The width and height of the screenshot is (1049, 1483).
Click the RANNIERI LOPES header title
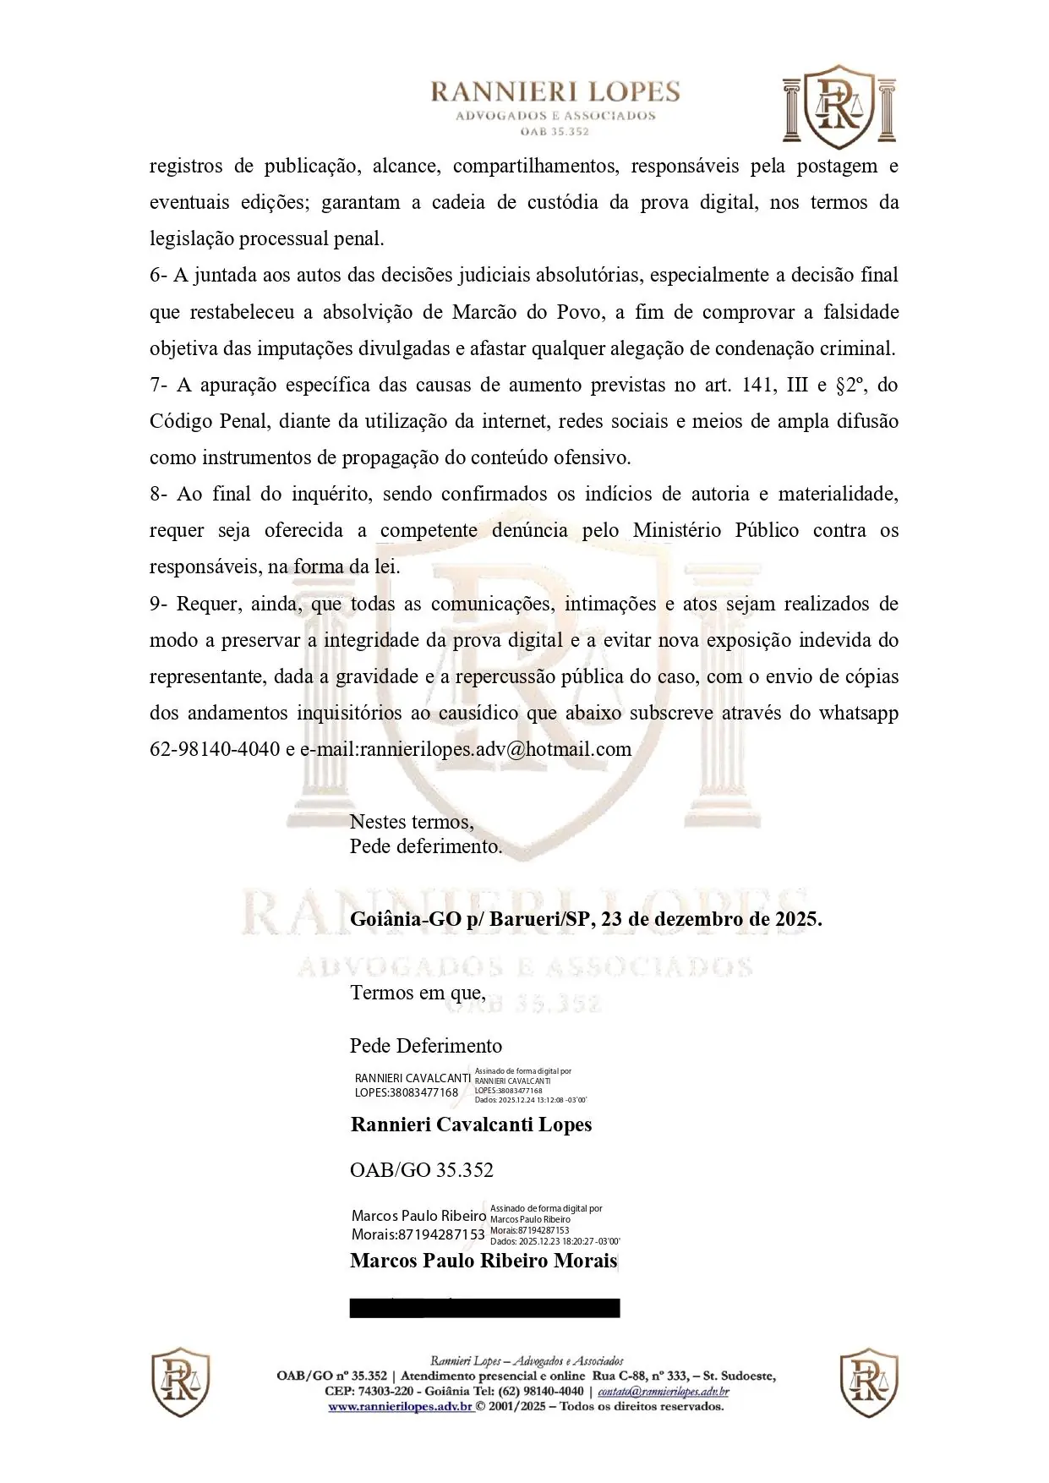tap(555, 92)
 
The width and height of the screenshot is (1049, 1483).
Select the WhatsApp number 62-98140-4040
tap(215, 749)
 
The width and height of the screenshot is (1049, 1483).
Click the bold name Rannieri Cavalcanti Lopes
tap(471, 1125)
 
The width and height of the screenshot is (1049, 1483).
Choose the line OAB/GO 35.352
tap(422, 1170)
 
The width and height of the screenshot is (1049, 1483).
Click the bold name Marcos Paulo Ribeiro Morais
tap(484, 1261)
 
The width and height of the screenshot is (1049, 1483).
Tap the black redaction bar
tap(484, 1308)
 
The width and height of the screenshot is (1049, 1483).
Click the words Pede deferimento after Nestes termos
tap(426, 845)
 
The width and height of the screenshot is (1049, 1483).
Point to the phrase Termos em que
tap(418, 992)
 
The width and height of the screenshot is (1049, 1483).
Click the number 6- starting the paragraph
tap(160, 276)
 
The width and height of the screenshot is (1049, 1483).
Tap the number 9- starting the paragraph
tap(160, 604)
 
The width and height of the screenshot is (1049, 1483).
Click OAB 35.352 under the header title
tap(555, 132)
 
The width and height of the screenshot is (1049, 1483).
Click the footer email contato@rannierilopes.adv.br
tap(664, 1392)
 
